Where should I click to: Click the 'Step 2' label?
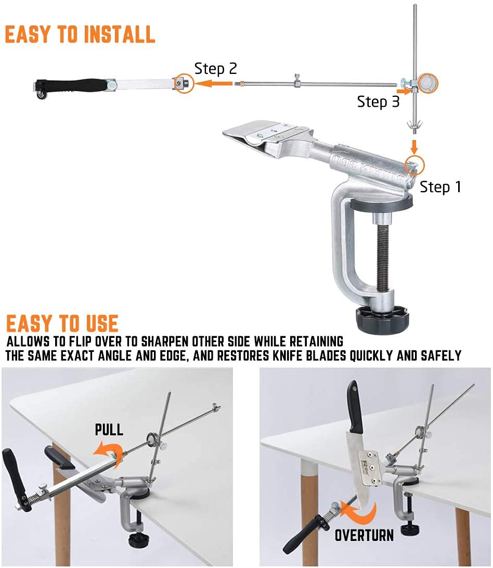(216, 69)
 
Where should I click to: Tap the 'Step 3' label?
(378, 102)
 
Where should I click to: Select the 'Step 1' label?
(440, 187)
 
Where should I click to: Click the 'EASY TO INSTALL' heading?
(80, 35)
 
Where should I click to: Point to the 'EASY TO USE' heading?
(62, 323)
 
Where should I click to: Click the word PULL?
(109, 430)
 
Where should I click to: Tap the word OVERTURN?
(364, 535)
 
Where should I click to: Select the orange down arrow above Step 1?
(414, 146)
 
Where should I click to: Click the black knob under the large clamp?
(382, 319)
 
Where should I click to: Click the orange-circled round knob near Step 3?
(427, 83)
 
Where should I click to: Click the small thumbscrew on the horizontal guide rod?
(297, 81)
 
